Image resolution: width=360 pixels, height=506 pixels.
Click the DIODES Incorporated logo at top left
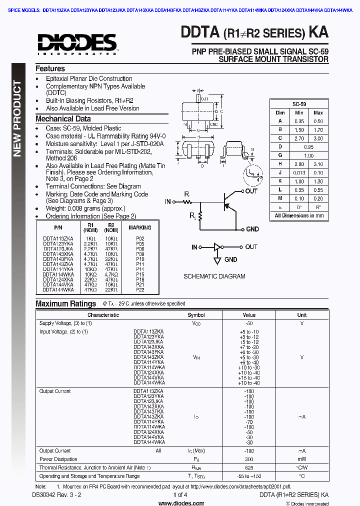[76, 43]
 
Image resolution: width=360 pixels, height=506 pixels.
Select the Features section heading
[50, 68]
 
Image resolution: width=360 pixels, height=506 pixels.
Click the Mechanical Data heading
[63, 119]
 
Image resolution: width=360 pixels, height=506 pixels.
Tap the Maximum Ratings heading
[65, 303]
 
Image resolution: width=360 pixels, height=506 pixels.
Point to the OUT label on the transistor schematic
[251, 191]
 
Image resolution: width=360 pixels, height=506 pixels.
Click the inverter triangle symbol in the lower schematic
[217, 247]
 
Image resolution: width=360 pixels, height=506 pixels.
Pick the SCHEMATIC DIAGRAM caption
[214, 276]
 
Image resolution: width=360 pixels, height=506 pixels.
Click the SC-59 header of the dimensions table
[299, 104]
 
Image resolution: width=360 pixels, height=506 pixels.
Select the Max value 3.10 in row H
[318, 164]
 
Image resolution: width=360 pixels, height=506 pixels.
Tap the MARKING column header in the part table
[139, 227]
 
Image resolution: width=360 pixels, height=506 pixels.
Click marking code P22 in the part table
[139, 289]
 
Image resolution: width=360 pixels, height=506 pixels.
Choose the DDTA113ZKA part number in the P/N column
[58, 238]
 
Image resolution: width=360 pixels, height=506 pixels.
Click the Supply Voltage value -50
[248, 323]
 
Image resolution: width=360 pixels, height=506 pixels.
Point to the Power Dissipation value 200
[248, 459]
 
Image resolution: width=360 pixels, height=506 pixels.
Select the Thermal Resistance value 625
[248, 467]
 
